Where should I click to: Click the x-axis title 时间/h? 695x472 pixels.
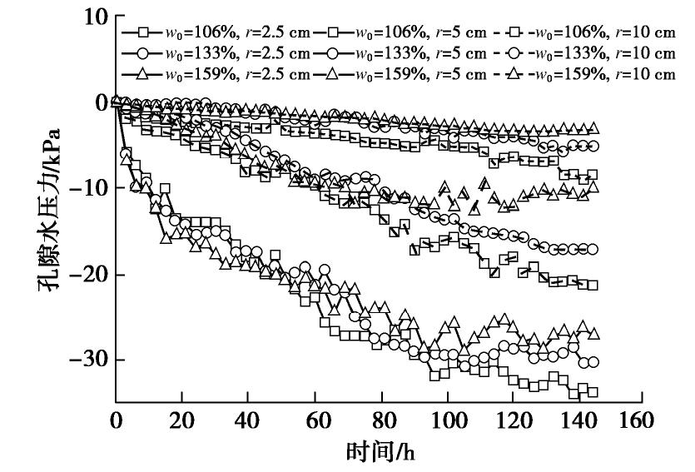coord(380,453)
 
